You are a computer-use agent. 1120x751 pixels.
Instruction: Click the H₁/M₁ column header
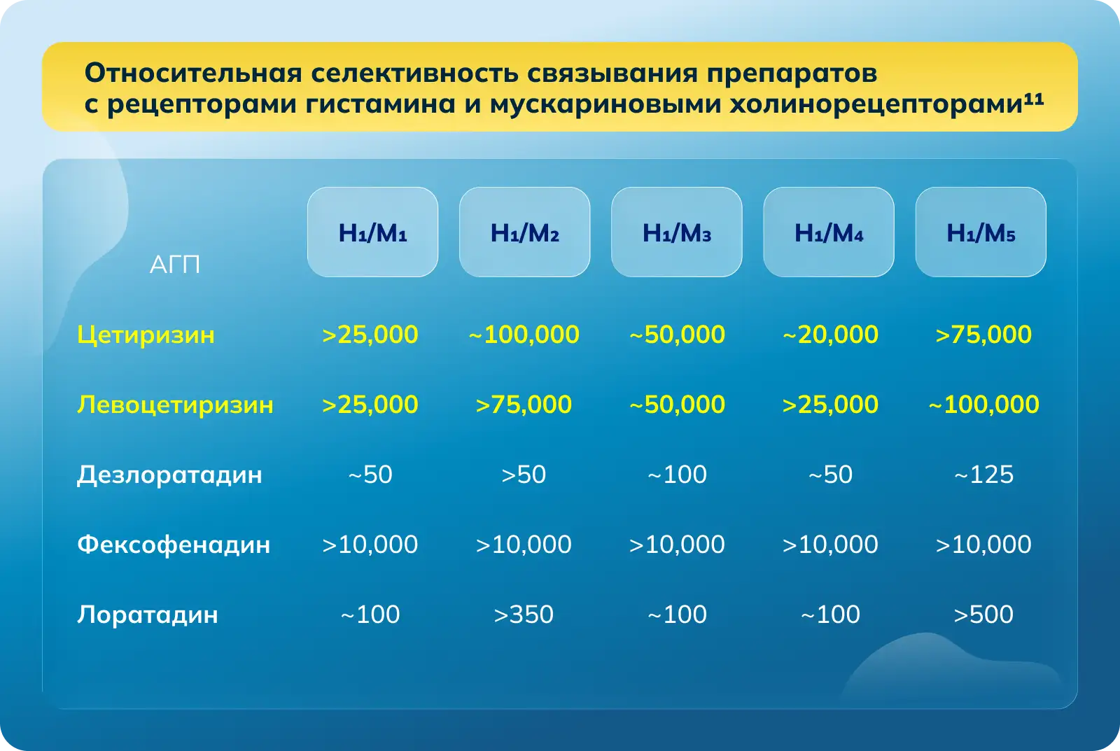pyautogui.click(x=372, y=232)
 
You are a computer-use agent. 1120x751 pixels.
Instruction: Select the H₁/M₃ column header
pyautogui.click(x=676, y=232)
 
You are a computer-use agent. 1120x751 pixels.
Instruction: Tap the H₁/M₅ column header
pyautogui.click(x=981, y=232)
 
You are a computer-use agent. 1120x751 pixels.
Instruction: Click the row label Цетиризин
pyautogui.click(x=146, y=335)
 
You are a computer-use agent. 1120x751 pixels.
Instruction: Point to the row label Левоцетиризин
pyautogui.click(x=175, y=405)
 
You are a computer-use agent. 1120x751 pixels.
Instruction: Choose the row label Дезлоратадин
pyautogui.click(x=169, y=475)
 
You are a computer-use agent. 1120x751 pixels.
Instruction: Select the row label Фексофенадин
pyautogui.click(x=174, y=544)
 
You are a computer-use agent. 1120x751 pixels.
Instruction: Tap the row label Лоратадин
pyautogui.click(x=148, y=615)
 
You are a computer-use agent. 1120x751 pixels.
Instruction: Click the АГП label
pyautogui.click(x=174, y=264)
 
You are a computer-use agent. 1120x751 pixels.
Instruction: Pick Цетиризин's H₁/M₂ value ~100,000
pyautogui.click(x=524, y=334)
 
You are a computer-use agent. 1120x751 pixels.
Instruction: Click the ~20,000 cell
pyautogui.click(x=830, y=334)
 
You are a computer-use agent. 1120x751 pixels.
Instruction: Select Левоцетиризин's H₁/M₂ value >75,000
pyautogui.click(x=524, y=404)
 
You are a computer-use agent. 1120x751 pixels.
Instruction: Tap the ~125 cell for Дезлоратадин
pyautogui.click(x=983, y=474)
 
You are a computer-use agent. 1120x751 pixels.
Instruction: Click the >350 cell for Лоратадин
pyautogui.click(x=524, y=614)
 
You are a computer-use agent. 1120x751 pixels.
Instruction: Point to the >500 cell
pyautogui.click(x=983, y=614)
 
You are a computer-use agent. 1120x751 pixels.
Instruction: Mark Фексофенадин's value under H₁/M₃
pyautogui.click(x=677, y=544)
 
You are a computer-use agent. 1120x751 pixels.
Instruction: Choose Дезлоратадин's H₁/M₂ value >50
pyautogui.click(x=524, y=474)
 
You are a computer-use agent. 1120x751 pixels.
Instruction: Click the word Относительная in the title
pyautogui.click(x=193, y=73)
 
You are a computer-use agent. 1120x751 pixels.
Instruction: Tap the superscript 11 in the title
pyautogui.click(x=1033, y=99)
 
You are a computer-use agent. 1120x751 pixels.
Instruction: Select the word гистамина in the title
pyautogui.click(x=380, y=104)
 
